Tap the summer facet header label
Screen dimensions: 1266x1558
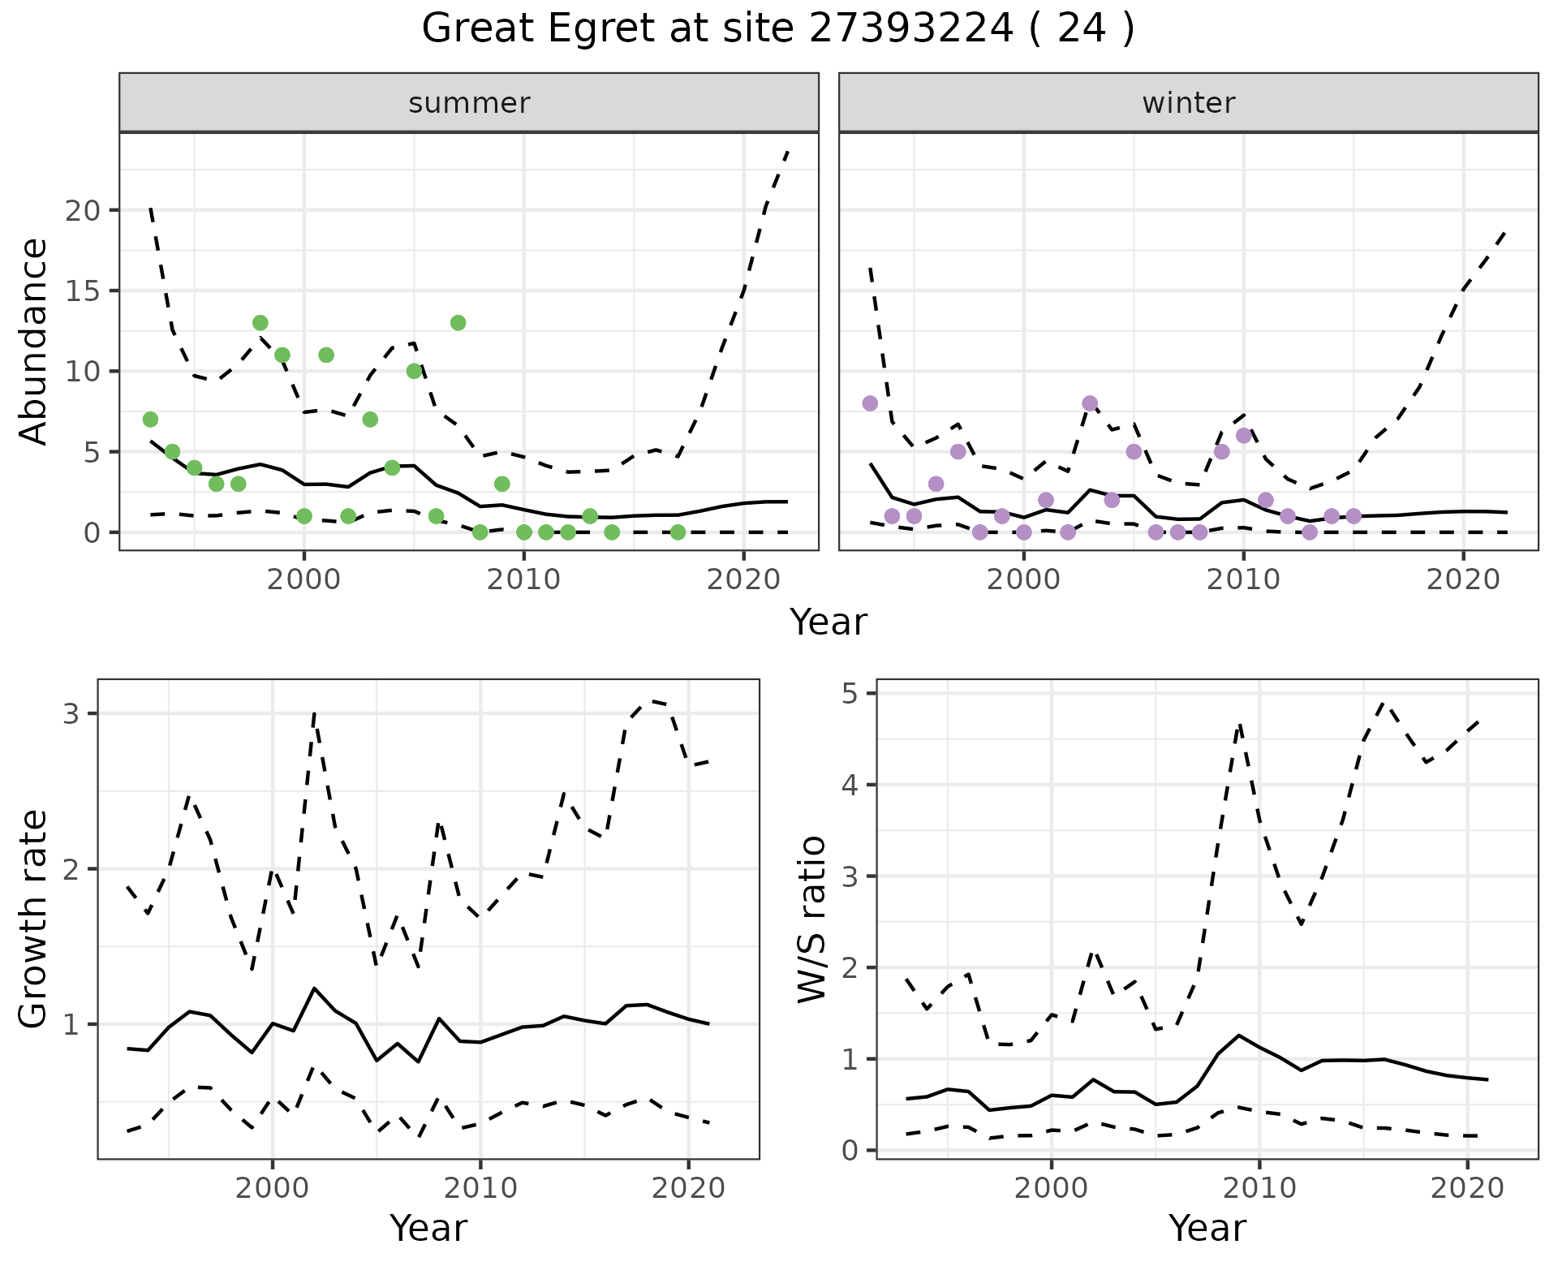[x=469, y=103]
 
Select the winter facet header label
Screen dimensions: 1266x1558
[x=1188, y=103]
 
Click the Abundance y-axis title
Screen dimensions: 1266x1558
[x=34, y=341]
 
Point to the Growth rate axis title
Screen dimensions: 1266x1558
[x=34, y=919]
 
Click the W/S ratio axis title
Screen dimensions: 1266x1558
[x=812, y=919]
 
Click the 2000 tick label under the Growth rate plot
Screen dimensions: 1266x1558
[x=273, y=1188]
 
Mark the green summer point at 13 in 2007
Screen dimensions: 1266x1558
[x=458, y=323]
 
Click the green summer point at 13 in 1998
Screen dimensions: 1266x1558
[x=260, y=323]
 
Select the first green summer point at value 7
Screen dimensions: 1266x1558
[x=150, y=420]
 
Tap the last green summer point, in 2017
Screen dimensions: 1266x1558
[x=678, y=532]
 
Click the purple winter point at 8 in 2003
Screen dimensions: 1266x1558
[x=1090, y=403]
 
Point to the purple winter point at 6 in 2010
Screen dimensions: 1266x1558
[x=1243, y=436]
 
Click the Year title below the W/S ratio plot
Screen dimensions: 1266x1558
[x=1207, y=1229]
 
